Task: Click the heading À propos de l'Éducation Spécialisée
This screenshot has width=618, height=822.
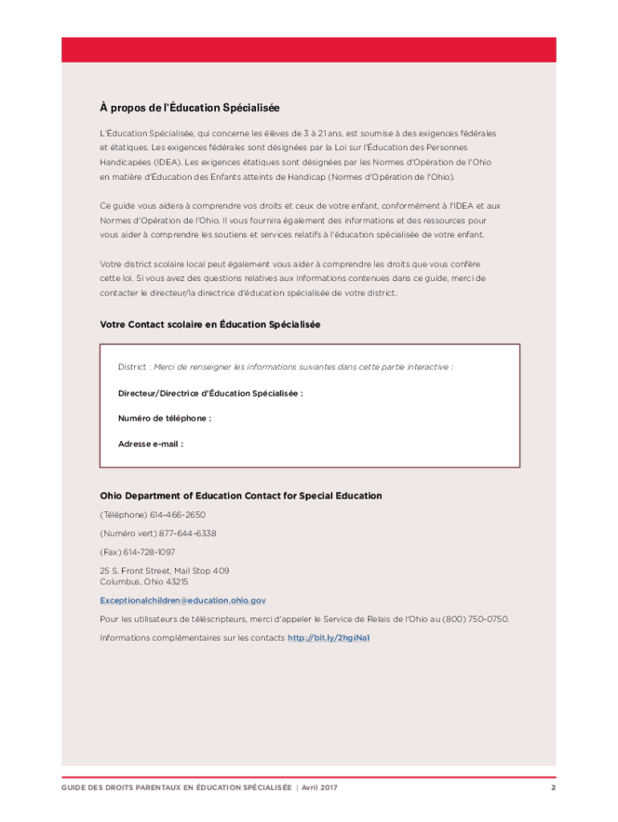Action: pyautogui.click(x=189, y=108)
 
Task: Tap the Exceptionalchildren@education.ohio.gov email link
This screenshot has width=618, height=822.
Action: pyautogui.click(x=182, y=600)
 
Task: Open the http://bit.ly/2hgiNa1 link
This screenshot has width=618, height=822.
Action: pyautogui.click(x=328, y=638)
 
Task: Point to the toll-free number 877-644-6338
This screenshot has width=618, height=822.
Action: pyautogui.click(x=187, y=534)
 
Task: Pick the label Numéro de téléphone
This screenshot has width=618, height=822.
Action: pyautogui.click(x=165, y=418)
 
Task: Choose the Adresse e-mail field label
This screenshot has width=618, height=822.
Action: pyautogui.click(x=150, y=443)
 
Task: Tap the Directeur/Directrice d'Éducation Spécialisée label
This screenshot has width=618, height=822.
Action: pyautogui.click(x=210, y=393)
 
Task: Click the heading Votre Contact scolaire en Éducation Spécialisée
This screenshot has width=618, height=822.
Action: pyautogui.click(x=209, y=324)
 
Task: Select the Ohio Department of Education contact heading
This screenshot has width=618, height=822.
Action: pyautogui.click(x=240, y=496)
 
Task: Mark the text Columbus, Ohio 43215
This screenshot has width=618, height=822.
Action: pyautogui.click(x=144, y=581)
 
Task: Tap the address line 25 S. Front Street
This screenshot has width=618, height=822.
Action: pyautogui.click(x=164, y=571)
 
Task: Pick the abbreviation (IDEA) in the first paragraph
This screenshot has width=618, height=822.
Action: pyautogui.click(x=117, y=162)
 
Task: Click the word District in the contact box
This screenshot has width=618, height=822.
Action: pyautogui.click(x=132, y=367)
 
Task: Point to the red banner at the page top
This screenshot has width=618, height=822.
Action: pyautogui.click(x=309, y=49)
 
